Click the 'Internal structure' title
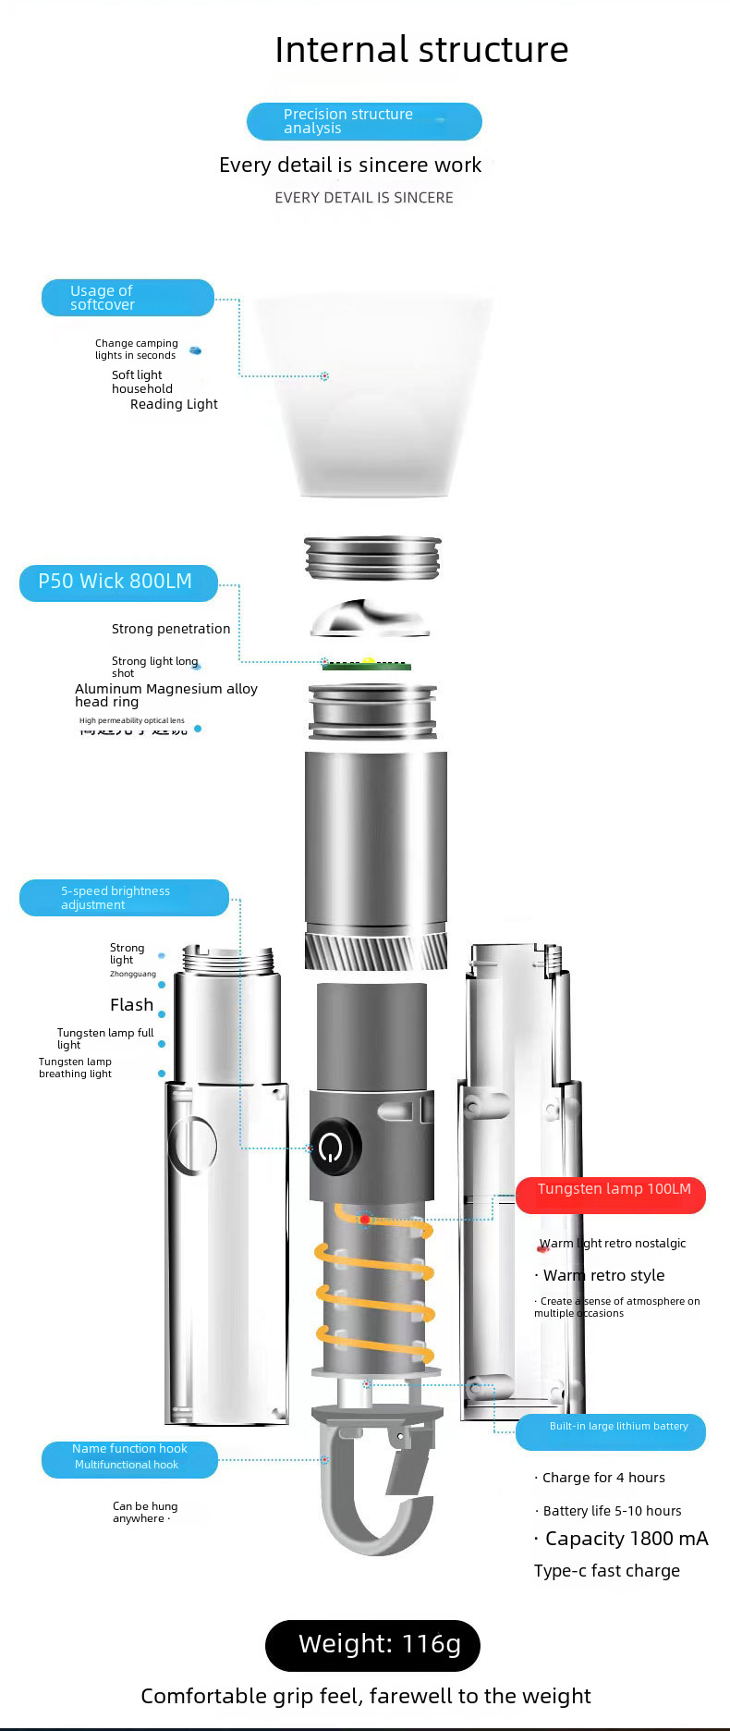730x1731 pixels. (421, 50)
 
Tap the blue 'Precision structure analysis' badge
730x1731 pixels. (364, 121)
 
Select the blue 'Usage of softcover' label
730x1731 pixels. (128, 298)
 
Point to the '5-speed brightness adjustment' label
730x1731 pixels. (124, 898)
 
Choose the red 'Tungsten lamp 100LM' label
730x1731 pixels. (611, 1195)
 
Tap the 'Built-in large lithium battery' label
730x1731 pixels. (611, 1431)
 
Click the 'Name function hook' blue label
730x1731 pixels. (129, 1459)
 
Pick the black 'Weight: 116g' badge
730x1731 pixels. (372, 1645)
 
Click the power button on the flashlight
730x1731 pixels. (333, 1148)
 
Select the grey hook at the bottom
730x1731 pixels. (374, 1498)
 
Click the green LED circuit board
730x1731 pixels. (367, 665)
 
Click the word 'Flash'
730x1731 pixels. (131, 1005)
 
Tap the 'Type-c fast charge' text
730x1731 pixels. (606, 1571)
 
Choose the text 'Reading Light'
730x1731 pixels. (174, 404)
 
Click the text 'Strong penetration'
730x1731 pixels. (171, 629)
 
